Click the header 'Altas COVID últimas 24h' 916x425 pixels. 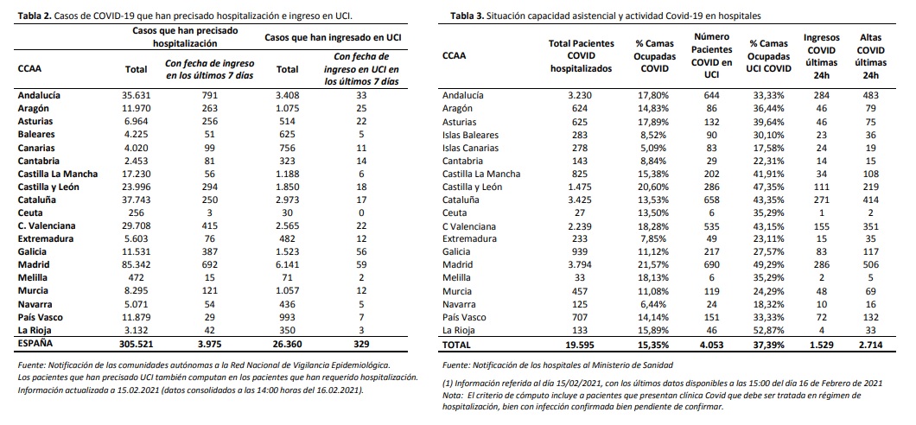[870, 54]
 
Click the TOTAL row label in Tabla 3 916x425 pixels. [459, 344]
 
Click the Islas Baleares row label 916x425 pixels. [470, 136]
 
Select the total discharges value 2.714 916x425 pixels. [870, 344]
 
